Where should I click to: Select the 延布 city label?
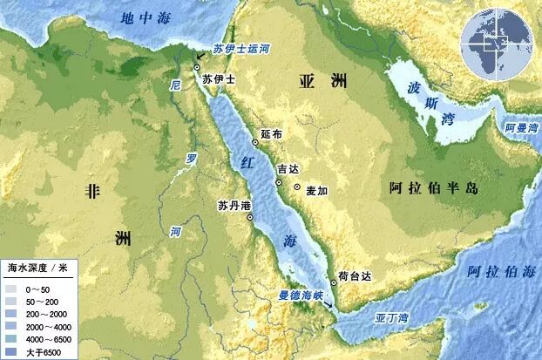271,135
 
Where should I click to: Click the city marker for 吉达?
278,182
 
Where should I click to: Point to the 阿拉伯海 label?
500,272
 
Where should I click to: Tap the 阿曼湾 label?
522,127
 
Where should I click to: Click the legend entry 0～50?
40,287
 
